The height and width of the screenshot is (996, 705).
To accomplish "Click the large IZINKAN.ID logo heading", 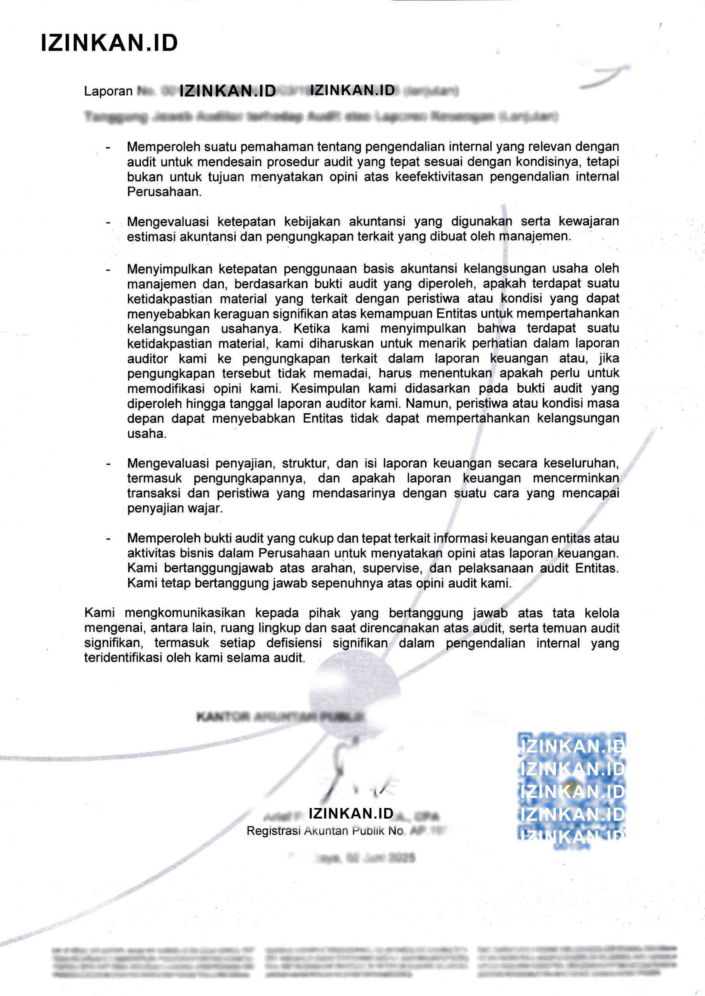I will tap(109, 43).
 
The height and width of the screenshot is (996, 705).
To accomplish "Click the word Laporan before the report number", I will tap(108, 91).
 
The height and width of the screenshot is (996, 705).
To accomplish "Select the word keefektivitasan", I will tap(439, 177).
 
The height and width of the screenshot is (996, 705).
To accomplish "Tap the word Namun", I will tap(424, 403).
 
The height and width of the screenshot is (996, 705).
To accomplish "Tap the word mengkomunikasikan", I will tap(185, 613).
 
